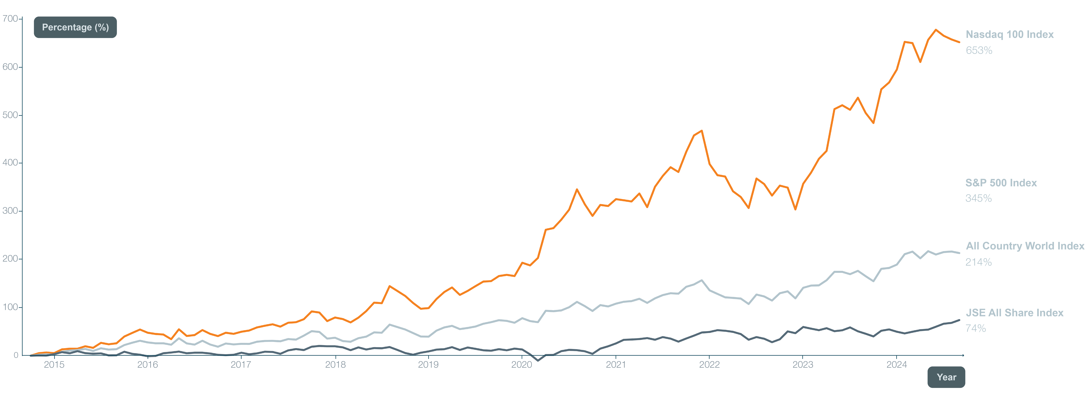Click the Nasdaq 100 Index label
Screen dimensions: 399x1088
1010,35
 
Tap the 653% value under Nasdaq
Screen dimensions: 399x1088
979,50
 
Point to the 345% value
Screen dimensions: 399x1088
978,198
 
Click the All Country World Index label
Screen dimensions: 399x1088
1025,246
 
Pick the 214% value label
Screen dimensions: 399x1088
978,262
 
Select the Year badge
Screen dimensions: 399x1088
946,377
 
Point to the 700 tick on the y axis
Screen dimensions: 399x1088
10,19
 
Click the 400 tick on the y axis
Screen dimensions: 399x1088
10,163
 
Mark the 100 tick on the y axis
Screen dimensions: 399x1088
10,307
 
